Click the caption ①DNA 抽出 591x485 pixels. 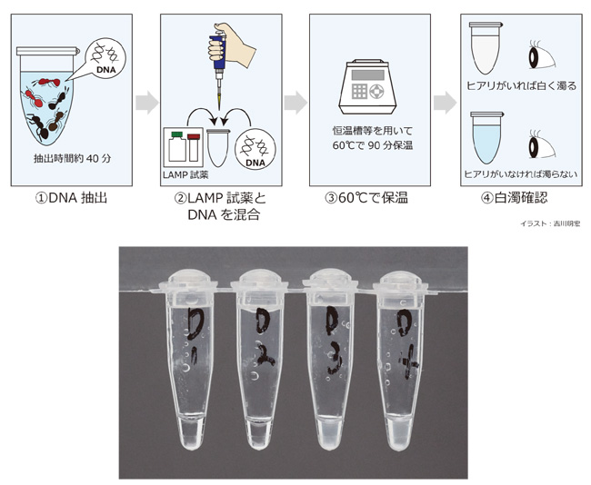coord(69,195)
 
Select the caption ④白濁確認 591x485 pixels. coord(517,195)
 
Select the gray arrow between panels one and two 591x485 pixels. coord(145,102)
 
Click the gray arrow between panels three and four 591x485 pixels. coord(443,102)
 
